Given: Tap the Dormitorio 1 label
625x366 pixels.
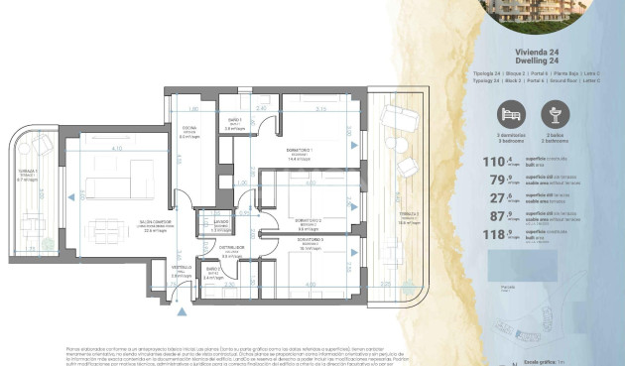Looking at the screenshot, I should point(300,151).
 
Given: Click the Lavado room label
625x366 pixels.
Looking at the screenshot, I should point(216,223).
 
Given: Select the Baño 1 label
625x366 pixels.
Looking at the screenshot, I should point(234,121).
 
